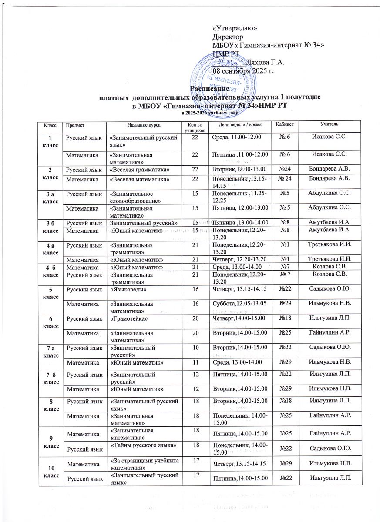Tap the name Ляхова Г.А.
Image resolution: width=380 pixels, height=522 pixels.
click(x=265, y=62)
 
